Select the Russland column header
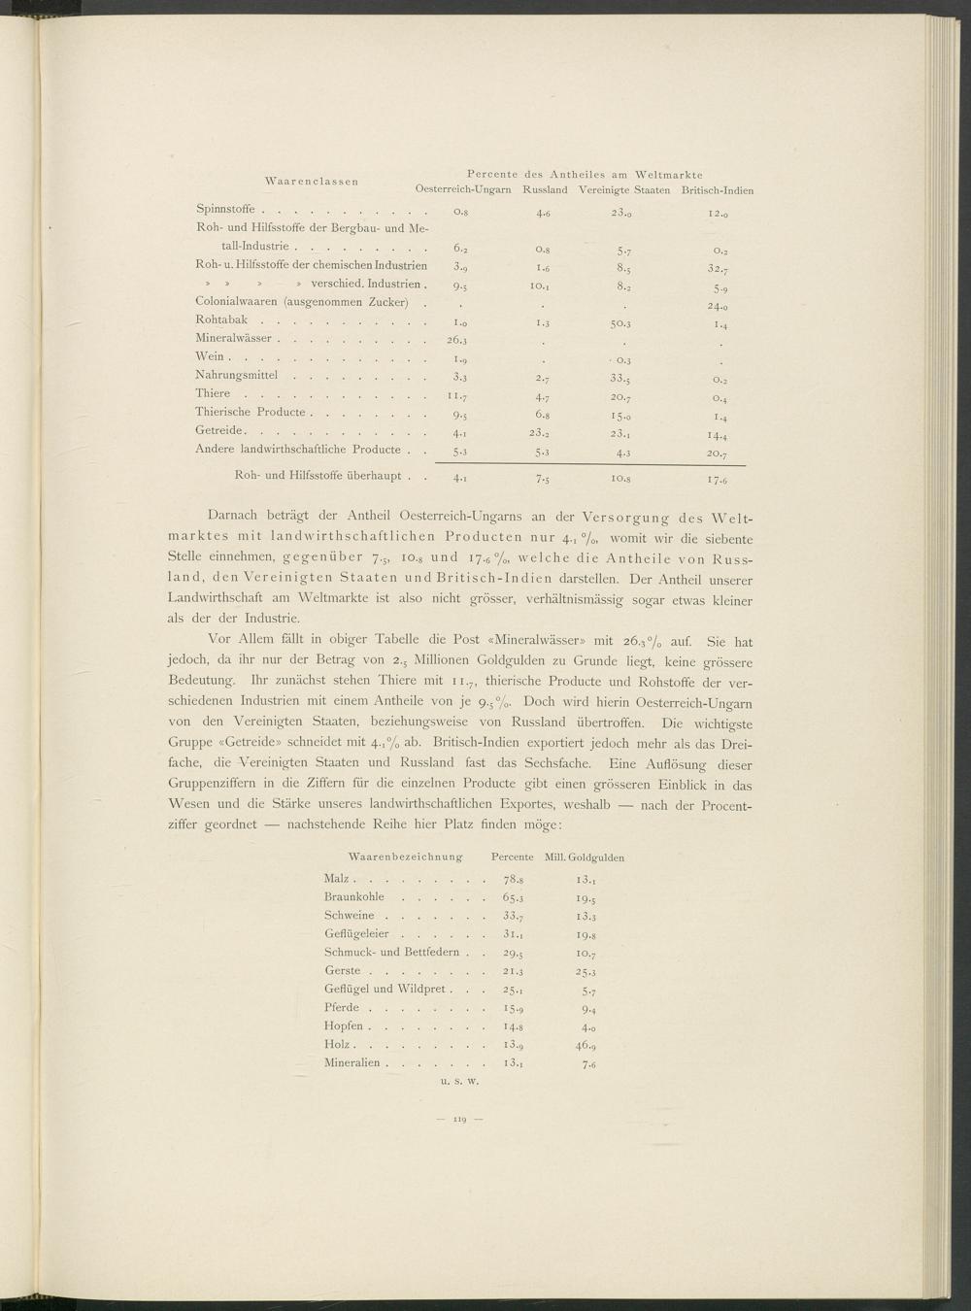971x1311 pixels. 545,189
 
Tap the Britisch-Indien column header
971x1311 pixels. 718,189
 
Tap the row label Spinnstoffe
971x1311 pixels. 224,208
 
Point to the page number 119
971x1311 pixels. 457,1121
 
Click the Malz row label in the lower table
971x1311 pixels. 337,878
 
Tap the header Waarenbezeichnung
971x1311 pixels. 405,857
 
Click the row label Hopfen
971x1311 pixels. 344,1025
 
